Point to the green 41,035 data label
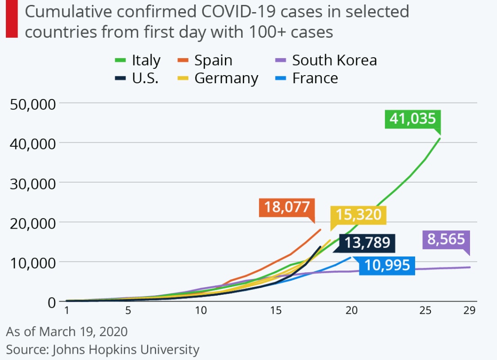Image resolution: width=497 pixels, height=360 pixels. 412,119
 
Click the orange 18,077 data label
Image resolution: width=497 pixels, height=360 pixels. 287,207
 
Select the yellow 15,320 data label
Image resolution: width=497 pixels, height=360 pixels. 358,215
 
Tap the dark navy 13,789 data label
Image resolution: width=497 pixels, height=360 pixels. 367,243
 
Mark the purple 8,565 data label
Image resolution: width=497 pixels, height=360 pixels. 446,239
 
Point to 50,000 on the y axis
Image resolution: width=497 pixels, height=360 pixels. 32,103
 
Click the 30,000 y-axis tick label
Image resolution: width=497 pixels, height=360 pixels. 32,183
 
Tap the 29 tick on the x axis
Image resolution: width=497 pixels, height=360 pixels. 469,310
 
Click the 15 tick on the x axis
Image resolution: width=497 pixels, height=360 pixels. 276,310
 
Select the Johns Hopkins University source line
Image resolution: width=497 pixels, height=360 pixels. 103,349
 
